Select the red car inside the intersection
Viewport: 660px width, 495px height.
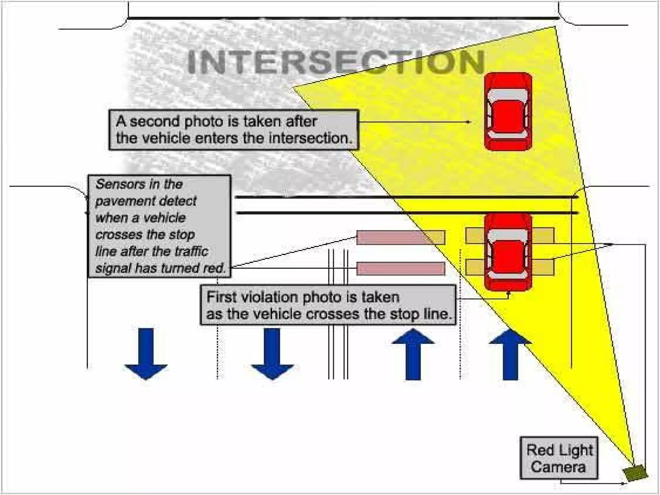pos(508,111)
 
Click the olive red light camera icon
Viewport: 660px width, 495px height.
pos(635,472)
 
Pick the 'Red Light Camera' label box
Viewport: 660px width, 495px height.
pos(559,458)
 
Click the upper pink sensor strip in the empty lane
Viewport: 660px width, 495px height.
pos(401,238)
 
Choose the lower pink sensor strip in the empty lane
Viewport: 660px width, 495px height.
pos(401,268)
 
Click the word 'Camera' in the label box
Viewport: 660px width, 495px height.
pos(558,467)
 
